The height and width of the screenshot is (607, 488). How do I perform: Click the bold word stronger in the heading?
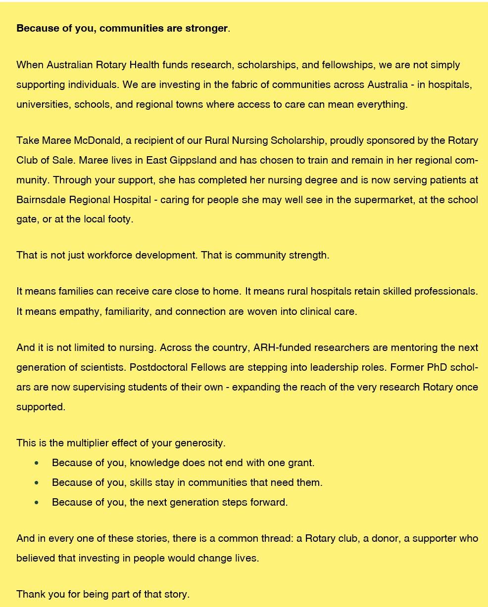pyautogui.click(x=207, y=28)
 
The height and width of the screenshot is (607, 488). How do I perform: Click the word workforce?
pyautogui.click(x=110, y=255)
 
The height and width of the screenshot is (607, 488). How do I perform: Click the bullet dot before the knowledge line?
pyautogui.click(x=37, y=463)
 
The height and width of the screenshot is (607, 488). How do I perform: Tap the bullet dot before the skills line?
pyautogui.click(x=37, y=483)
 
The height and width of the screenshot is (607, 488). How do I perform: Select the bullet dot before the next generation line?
pyautogui.click(x=37, y=503)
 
